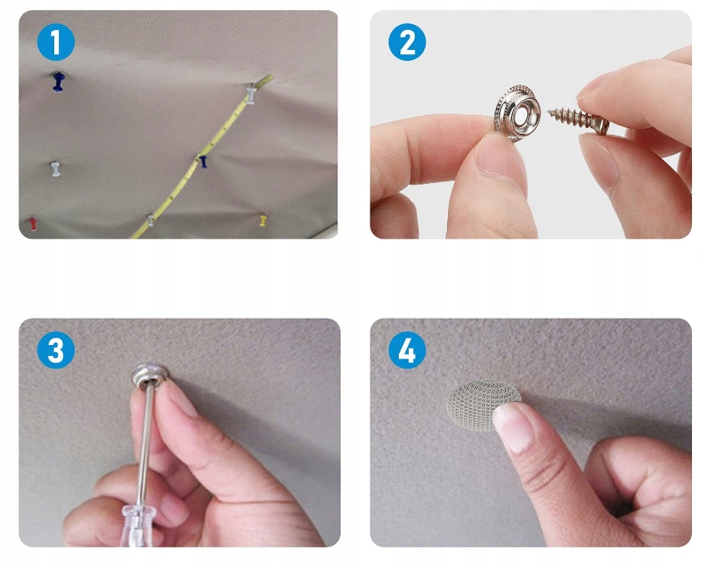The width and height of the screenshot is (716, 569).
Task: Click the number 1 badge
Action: click(56, 42)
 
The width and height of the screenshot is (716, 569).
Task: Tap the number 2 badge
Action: click(407, 42)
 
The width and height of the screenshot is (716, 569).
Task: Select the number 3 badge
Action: click(56, 350)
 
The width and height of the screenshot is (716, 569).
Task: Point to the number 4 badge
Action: click(407, 350)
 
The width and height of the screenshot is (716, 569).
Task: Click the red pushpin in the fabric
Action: click(32, 224)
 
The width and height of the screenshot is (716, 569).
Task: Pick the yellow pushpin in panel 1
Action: click(263, 220)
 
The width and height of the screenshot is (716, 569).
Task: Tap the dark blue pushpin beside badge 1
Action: click(58, 82)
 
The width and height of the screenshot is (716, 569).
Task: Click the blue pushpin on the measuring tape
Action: click(203, 161)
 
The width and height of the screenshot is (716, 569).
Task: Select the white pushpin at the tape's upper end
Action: click(251, 94)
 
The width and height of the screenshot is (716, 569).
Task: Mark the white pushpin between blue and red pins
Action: click(55, 169)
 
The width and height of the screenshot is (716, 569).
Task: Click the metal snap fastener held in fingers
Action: click(517, 112)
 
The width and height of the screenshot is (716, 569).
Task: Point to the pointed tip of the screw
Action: click(549, 111)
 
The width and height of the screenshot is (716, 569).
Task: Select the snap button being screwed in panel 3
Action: click(149, 375)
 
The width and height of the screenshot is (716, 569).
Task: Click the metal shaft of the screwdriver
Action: click(146, 443)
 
